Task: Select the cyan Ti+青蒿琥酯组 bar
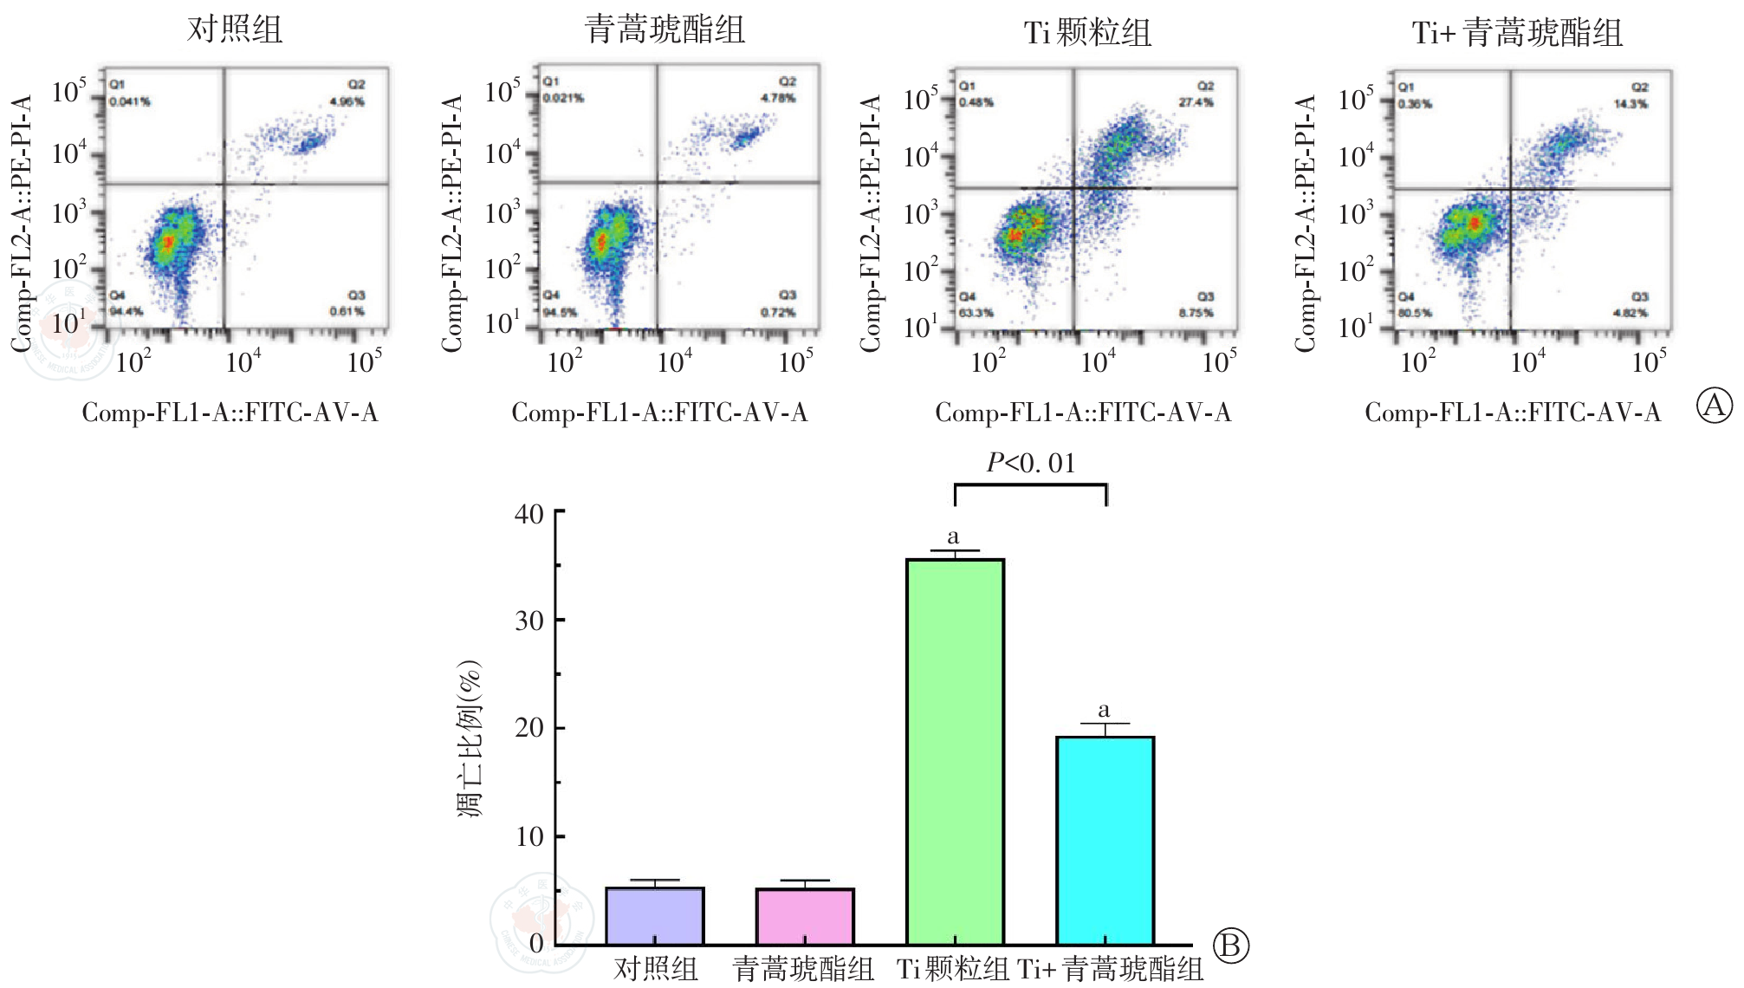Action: click(x=1105, y=841)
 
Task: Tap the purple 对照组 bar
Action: click(x=655, y=916)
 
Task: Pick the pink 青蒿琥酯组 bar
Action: click(x=805, y=916)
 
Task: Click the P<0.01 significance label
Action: click(x=1031, y=464)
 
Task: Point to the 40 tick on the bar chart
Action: click(x=529, y=514)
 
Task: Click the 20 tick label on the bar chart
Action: click(x=529, y=728)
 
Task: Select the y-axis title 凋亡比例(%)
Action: click(x=470, y=738)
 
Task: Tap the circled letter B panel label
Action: click(x=1230, y=946)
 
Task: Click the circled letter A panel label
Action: click(x=1714, y=406)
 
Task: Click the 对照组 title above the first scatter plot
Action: click(x=235, y=29)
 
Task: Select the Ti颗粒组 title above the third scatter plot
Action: click(x=1087, y=33)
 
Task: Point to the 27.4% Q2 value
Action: click(x=1196, y=102)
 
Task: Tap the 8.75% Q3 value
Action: click(x=1196, y=313)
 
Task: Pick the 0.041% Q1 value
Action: click(x=130, y=101)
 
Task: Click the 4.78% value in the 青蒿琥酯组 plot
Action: click(x=778, y=98)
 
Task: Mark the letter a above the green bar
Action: click(x=953, y=536)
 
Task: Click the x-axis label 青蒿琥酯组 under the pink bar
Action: click(x=803, y=969)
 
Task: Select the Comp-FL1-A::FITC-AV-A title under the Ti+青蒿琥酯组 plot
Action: click(x=1513, y=413)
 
